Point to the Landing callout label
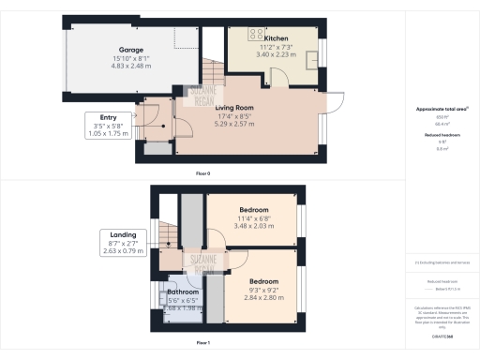pos(123,234)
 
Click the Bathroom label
pos(183,292)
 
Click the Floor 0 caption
pos(202,172)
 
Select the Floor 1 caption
pos(202,344)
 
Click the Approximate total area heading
pos(442,109)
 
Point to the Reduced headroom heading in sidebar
pos(442,135)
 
